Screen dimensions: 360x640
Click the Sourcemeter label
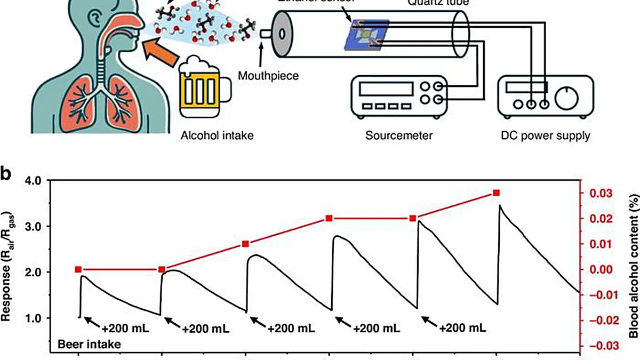pos(399,135)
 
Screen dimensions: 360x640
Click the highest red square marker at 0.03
pos(496,193)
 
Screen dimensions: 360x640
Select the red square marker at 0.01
pos(245,244)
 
